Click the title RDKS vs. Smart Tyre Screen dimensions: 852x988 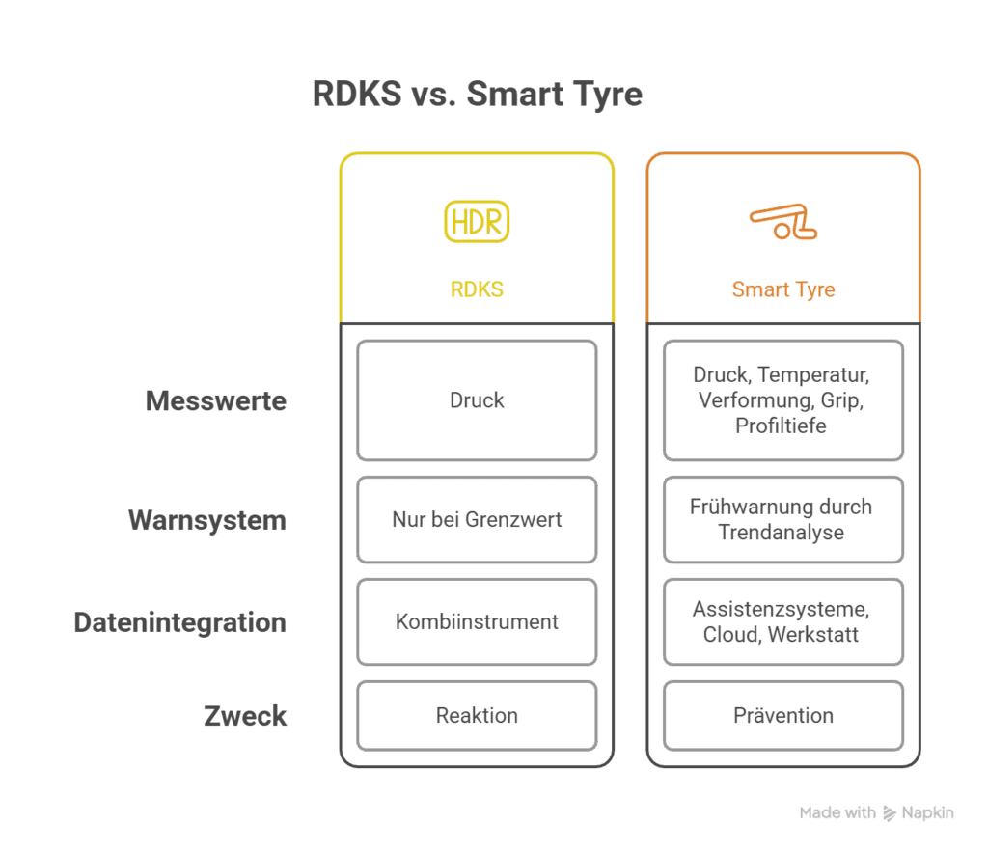click(477, 96)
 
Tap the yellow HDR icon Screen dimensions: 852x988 click(477, 222)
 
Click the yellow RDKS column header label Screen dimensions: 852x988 click(477, 289)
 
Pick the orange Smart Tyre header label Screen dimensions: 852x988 click(783, 289)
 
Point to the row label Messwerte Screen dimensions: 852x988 click(216, 400)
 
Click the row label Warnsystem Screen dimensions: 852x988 click(207, 520)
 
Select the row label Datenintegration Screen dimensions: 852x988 click(180, 622)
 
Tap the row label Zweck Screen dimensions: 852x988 click(245, 716)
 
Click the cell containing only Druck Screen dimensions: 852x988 click(477, 400)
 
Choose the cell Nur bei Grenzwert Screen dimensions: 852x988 click(477, 520)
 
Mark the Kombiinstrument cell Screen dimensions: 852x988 click(477, 622)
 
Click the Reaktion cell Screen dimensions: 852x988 click(477, 716)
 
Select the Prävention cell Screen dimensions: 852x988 click(783, 716)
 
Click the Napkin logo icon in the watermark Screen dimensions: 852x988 click(889, 813)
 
